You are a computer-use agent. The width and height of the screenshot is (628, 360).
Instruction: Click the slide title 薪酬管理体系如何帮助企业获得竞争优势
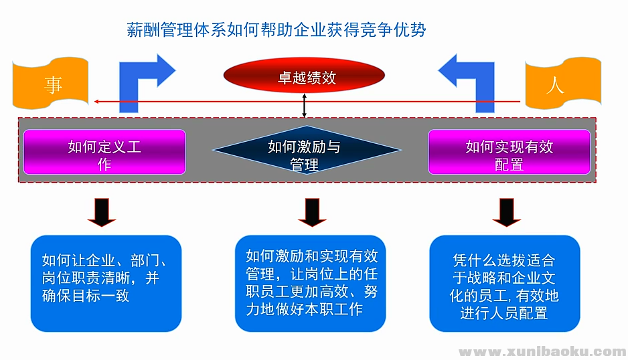276,30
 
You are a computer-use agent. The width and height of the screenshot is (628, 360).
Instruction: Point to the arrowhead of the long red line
96,102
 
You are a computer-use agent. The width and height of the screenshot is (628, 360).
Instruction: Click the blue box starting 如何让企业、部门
106,283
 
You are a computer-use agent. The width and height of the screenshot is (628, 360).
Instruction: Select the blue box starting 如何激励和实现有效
311,283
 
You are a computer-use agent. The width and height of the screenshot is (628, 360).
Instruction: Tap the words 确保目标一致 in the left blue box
85,295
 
